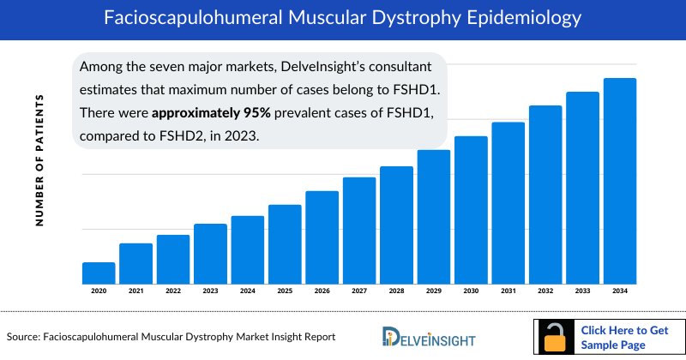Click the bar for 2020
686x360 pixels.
tap(99, 273)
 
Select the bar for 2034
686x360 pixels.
tap(620, 181)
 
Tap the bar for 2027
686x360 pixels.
tap(359, 231)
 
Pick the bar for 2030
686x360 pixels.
tap(471, 210)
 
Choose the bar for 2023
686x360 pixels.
tap(210, 254)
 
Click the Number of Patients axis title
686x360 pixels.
tap(39, 161)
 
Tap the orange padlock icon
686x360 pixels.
tap(556, 338)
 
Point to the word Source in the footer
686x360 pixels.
tap(24, 337)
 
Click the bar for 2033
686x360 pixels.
tap(582, 188)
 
